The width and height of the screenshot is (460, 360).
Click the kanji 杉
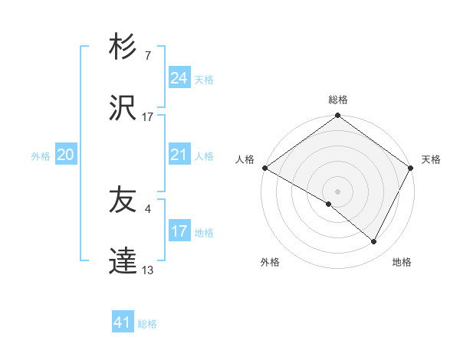[x=123, y=47]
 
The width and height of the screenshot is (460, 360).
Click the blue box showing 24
[x=179, y=77]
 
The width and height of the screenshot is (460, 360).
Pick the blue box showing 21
[x=179, y=155]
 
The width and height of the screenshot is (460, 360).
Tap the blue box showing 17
[x=179, y=231]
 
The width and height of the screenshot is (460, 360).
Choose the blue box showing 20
[x=65, y=155]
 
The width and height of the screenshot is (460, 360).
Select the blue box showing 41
[x=123, y=322]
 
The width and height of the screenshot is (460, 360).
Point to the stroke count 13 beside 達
[x=148, y=270]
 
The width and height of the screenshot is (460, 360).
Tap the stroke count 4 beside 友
[x=148, y=208]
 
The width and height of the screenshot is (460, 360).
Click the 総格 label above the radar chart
[x=338, y=100]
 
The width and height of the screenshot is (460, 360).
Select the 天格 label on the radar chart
[x=432, y=159]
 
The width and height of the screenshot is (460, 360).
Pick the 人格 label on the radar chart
[x=245, y=159]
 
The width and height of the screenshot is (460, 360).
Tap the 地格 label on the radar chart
[x=402, y=262]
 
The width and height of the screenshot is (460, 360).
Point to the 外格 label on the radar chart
[x=270, y=262]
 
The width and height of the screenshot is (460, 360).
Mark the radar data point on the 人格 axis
[x=264, y=168]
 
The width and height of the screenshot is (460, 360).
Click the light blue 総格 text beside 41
[x=147, y=324]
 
